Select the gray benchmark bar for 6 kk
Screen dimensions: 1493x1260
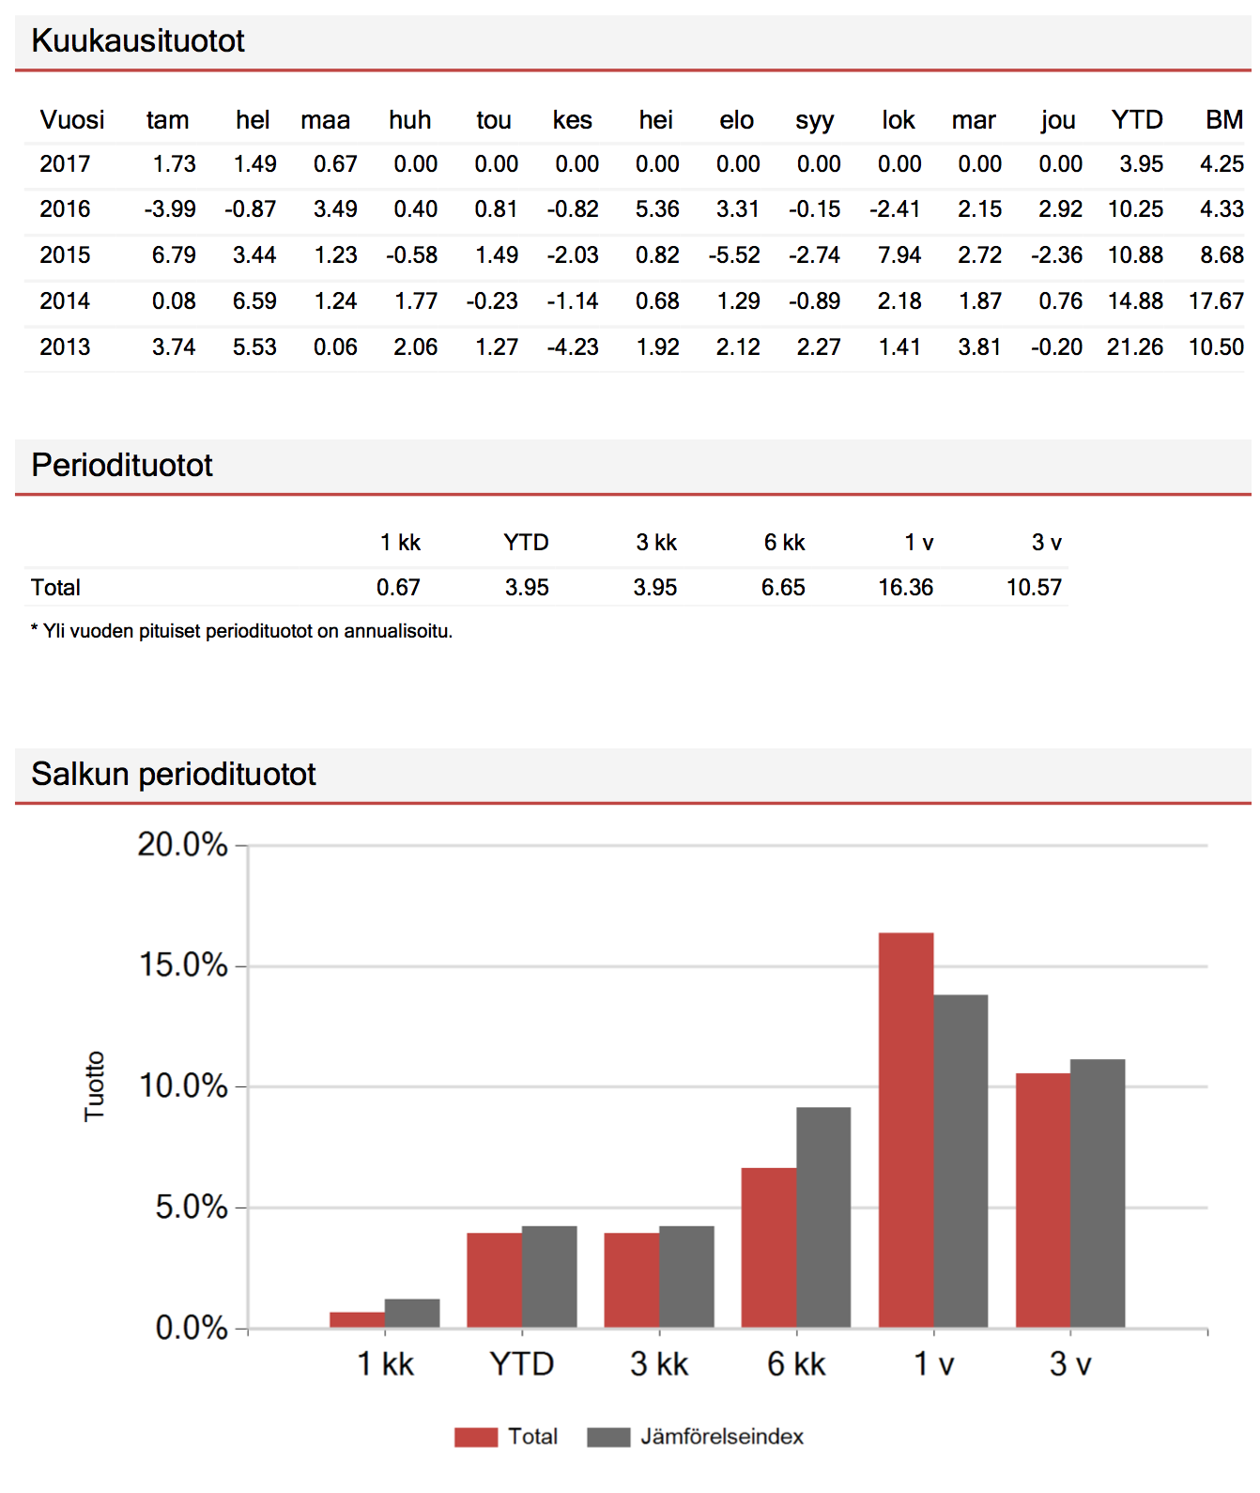823,1217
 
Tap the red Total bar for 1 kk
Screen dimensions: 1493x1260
357,1319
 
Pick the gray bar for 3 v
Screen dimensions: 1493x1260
1098,1193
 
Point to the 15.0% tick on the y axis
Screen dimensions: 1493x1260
183,965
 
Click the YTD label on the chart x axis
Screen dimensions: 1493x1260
522,1363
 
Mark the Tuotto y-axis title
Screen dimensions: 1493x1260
95,1085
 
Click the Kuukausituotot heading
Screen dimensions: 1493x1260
138,41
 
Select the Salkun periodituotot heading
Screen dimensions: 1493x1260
174,775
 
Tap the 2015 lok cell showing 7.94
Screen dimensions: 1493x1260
899,255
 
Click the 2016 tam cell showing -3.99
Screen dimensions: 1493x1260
170,209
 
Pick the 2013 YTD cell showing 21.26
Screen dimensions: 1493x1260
1135,347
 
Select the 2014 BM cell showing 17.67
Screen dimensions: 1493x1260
1216,301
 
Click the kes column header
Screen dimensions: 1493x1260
572,120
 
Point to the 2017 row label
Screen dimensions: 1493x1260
65,164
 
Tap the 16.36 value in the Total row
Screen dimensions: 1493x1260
905,588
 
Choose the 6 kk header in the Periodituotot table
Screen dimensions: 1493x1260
784,543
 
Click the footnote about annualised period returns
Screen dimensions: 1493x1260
242,631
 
